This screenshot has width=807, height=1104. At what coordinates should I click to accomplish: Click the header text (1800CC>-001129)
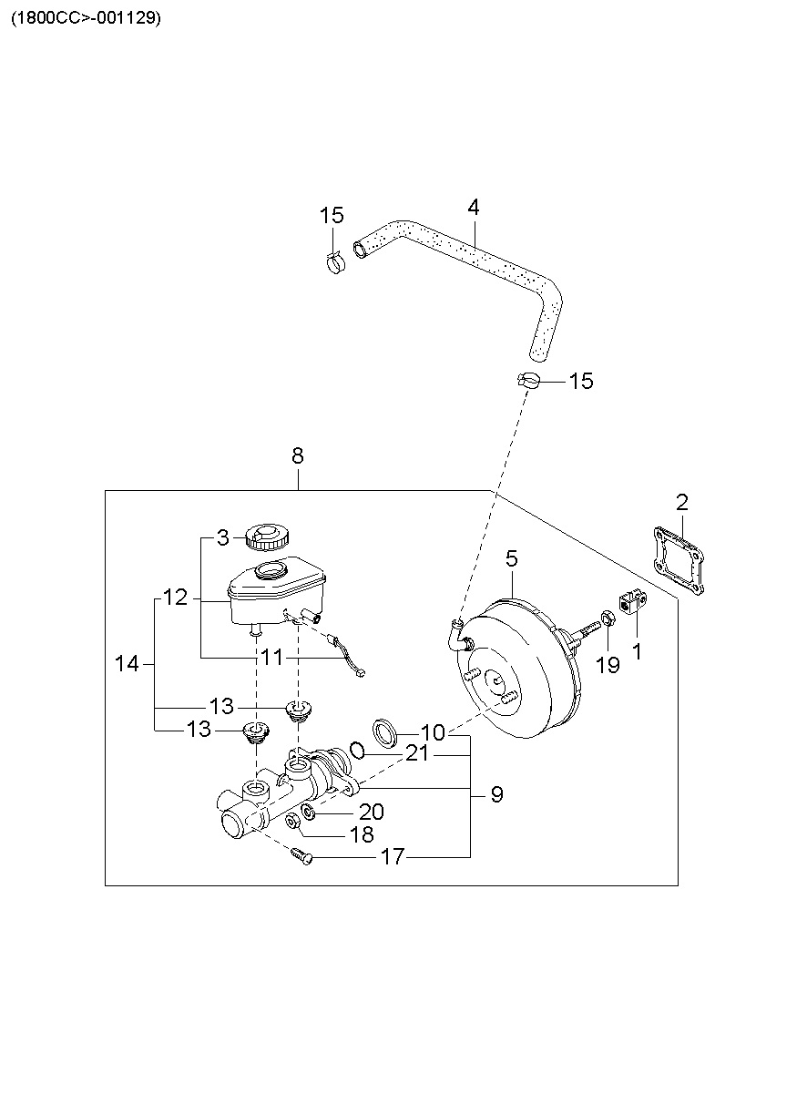coord(86,19)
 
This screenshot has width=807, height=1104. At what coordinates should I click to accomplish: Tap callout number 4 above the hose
coord(473,208)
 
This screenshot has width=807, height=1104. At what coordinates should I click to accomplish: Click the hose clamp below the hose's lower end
coord(528,381)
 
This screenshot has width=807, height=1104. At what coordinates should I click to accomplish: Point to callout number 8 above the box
coord(297,455)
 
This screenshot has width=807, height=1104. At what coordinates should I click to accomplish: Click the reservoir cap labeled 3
coord(267,537)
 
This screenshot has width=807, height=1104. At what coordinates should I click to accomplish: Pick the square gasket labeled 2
coord(678,559)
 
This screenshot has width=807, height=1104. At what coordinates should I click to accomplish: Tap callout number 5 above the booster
coord(512,559)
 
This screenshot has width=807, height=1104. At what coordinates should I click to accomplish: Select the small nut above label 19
coord(608,618)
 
